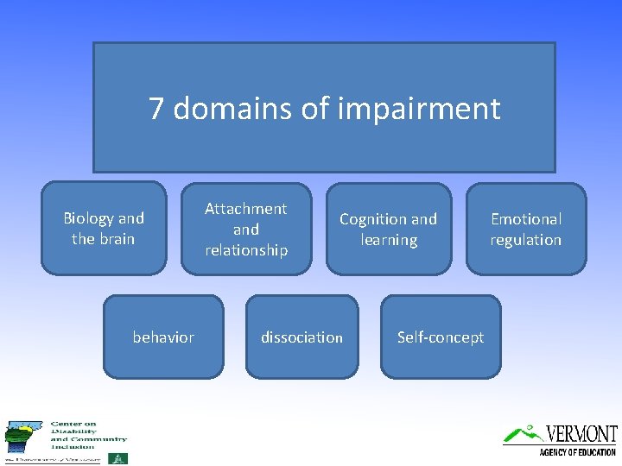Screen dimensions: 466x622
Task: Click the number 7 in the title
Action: pos(156,109)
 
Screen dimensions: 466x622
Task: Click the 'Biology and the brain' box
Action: pos(104,229)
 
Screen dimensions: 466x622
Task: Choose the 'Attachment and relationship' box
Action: pos(246,230)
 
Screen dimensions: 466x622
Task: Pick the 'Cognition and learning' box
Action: pos(388,230)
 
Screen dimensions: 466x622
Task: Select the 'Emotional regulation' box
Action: pos(525,230)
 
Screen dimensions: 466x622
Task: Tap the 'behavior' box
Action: pos(163,337)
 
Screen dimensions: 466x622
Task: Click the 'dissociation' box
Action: pos(301,337)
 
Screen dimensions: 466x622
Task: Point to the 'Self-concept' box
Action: pos(441,337)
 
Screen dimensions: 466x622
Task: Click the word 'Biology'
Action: pos(89,218)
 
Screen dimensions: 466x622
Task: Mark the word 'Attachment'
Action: pos(246,209)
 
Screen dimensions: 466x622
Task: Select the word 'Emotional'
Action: pos(525,219)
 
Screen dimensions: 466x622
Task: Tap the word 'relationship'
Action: pos(246,250)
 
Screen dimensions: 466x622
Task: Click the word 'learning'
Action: pos(388,240)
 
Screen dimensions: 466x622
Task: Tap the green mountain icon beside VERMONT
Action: pos(523,433)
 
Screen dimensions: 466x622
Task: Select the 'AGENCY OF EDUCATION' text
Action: pos(577,452)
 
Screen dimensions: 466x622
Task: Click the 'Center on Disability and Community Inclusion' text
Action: pos(86,435)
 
